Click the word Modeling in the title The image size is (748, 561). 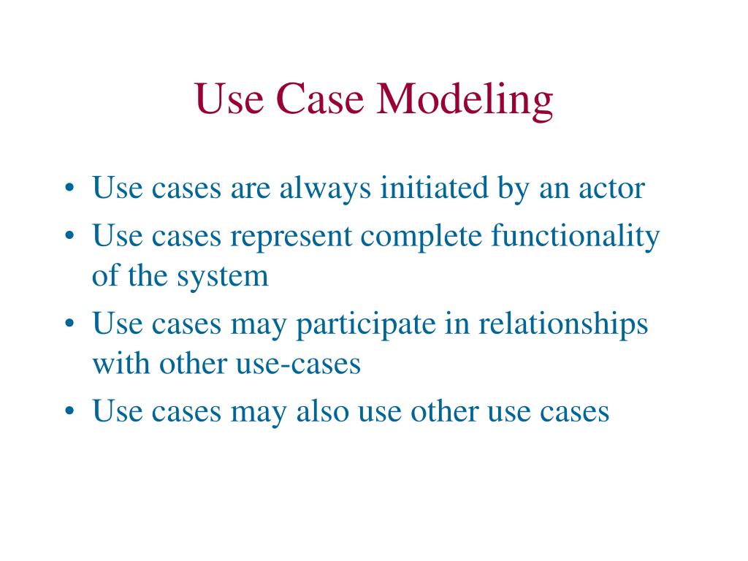(465, 101)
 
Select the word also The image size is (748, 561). (322, 412)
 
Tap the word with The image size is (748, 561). (117, 363)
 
